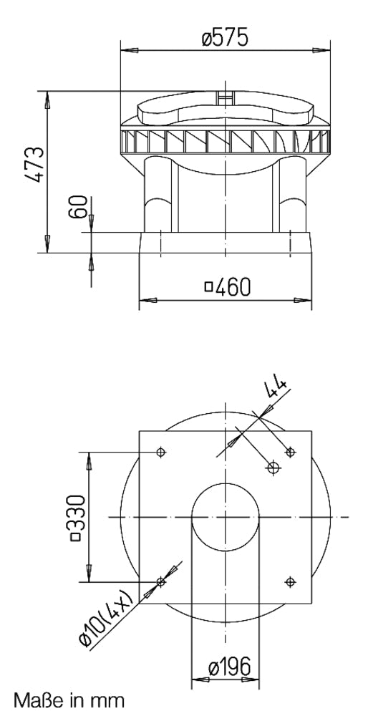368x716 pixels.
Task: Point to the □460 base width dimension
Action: click(228, 287)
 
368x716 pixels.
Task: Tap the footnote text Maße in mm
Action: click(69, 699)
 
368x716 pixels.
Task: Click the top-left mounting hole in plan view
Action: click(160, 452)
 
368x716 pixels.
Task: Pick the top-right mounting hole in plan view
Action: click(290, 451)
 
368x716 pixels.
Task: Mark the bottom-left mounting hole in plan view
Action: click(160, 581)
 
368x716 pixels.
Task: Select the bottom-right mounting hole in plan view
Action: click(290, 581)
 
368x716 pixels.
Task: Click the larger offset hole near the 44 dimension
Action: click(272, 468)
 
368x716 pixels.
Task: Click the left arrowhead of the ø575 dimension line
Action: click(128, 50)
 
